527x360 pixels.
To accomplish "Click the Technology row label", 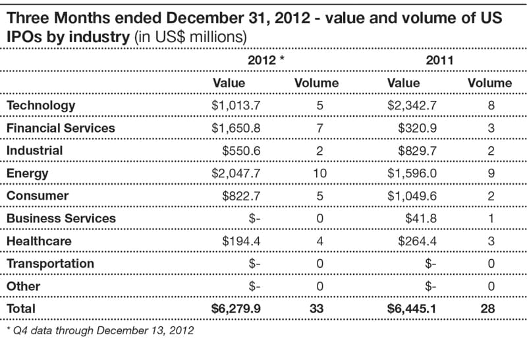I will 41,105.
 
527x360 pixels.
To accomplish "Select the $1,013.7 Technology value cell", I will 236,105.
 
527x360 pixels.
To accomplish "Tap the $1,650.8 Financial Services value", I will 236,128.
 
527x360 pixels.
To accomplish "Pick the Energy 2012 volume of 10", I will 319,173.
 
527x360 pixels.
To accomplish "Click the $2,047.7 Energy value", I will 236,173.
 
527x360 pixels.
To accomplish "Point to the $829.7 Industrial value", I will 418,150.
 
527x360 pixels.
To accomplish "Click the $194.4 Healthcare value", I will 242,241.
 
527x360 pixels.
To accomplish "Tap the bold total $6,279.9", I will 236,309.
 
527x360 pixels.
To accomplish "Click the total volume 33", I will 319,309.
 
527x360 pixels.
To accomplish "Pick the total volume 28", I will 491,309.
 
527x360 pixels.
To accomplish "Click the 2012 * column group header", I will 265,60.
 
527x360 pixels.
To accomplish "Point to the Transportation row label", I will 50,264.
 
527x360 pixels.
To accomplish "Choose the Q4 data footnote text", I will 99,330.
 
